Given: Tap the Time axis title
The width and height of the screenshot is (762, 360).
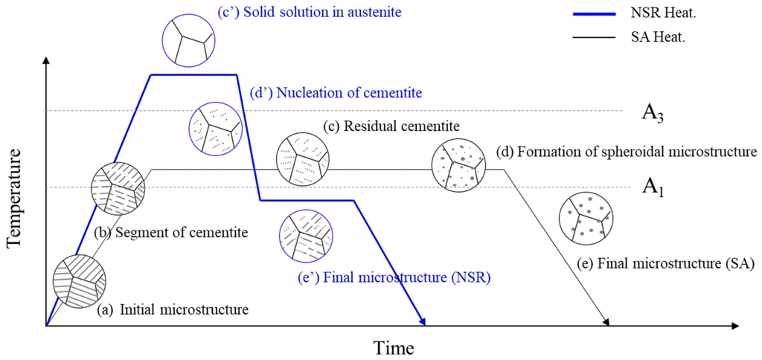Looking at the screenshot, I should [x=394, y=347].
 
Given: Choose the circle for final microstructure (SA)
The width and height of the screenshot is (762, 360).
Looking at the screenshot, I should [x=586, y=220].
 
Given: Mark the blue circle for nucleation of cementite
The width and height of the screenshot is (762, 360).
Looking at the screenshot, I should [x=216, y=129].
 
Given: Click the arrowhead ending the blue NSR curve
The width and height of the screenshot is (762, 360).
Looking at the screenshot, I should [x=423, y=321].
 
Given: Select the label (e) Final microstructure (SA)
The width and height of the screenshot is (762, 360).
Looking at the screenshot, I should [x=666, y=263].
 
